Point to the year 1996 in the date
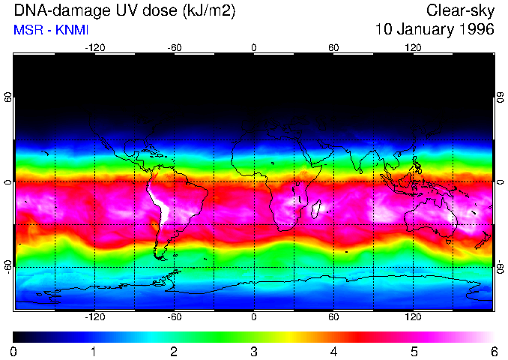[477, 30]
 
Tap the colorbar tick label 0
[14, 351]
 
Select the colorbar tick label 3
[254, 351]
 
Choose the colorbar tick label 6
[493, 351]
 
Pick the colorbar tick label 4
[333, 351]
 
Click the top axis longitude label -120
[94, 47]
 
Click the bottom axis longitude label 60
[333, 317]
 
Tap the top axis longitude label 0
[254, 47]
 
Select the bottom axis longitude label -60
[174, 317]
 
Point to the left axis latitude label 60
[7, 97]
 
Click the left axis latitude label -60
[7, 266]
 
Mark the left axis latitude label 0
[7, 182]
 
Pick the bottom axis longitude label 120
[413, 317]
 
